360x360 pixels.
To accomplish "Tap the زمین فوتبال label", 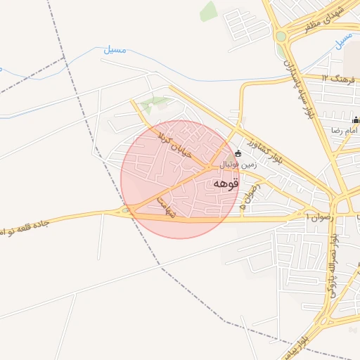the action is click(x=240, y=165).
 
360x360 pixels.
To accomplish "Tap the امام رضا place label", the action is click(x=347, y=131).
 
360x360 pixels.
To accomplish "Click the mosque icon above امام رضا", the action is click(x=356, y=120).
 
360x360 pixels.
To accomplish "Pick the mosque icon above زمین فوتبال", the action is click(x=238, y=153).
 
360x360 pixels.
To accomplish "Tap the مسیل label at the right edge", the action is click(x=343, y=42).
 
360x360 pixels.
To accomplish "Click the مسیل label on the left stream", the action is click(x=115, y=51).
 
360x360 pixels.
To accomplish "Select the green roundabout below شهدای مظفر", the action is click(x=281, y=36).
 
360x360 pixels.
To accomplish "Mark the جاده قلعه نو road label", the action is click(x=28, y=226).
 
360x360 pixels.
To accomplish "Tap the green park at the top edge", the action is click(x=208, y=11).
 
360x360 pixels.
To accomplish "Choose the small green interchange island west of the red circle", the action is click(x=127, y=210).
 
